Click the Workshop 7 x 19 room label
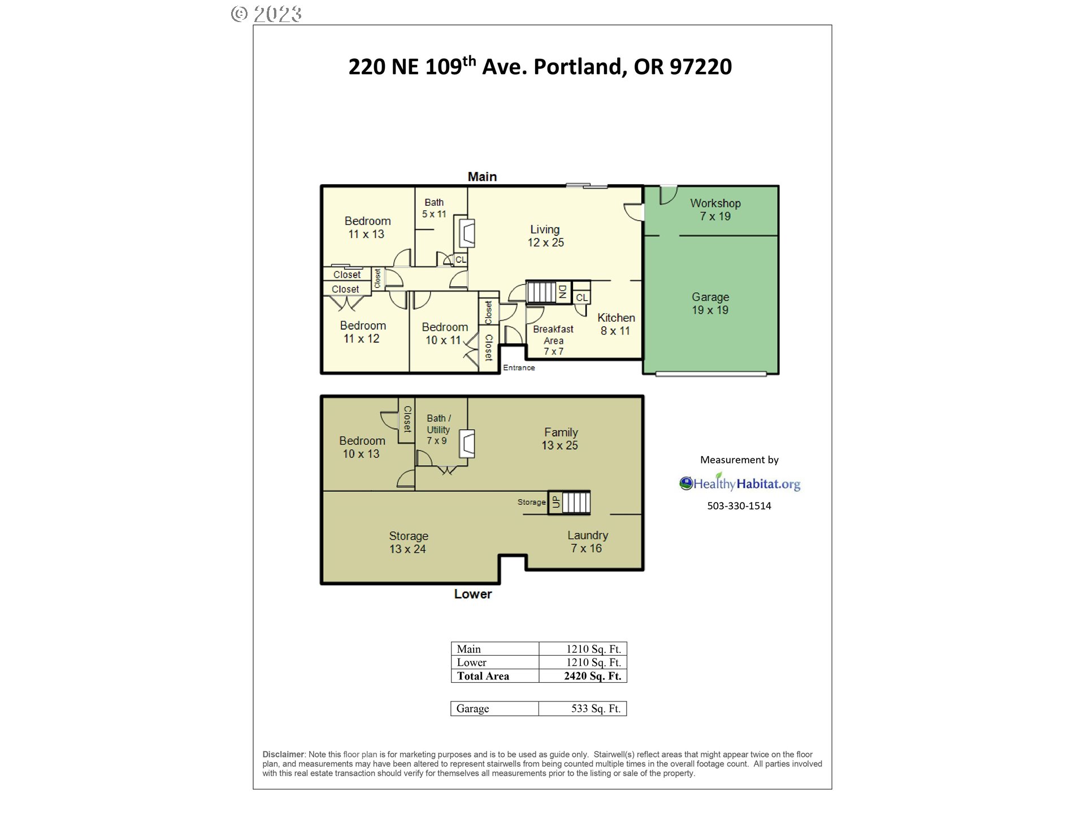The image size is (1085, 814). tap(715, 210)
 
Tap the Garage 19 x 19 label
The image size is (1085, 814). tap(710, 304)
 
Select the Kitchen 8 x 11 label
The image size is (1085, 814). tap(616, 324)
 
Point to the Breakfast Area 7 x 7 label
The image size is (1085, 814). tap(553, 340)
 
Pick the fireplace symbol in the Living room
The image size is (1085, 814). tap(467, 232)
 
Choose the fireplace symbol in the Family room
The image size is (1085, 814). tap(467, 444)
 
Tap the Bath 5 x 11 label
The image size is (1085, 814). tap(434, 208)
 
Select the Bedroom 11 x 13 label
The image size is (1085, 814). tap(367, 227)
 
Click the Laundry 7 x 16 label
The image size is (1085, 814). tap(587, 542)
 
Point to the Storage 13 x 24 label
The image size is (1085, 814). tap(408, 542)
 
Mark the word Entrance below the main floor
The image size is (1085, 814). tap(519, 368)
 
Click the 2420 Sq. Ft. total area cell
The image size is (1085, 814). tap(592, 676)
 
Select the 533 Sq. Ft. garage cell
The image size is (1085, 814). tap(595, 709)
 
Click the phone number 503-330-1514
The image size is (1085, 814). tap(739, 506)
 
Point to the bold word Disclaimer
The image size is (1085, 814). tap(283, 754)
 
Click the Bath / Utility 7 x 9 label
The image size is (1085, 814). tap(438, 429)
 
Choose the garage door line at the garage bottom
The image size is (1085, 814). tap(711, 374)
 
